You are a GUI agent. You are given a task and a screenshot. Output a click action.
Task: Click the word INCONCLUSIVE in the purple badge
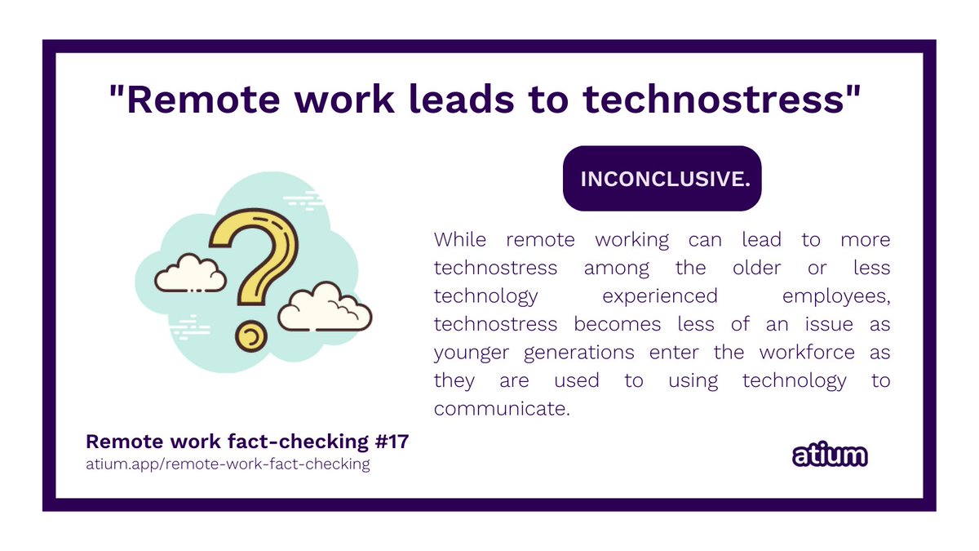coord(663,179)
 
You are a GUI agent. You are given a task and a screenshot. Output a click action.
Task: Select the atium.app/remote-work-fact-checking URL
coord(228,464)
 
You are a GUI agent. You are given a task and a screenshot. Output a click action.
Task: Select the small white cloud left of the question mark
coord(190,274)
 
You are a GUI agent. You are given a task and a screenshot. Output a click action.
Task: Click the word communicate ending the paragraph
coord(500,408)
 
